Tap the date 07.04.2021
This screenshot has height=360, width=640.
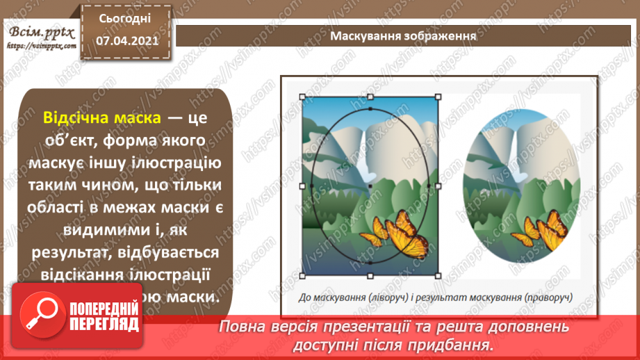tap(125, 40)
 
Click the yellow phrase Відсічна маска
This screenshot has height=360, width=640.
tap(102, 119)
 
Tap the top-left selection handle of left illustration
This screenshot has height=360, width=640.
tap(301, 97)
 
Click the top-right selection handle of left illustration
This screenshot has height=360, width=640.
tap(438, 97)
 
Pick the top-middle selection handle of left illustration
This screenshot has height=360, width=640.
tap(370, 97)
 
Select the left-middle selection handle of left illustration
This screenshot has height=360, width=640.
tap(302, 186)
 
